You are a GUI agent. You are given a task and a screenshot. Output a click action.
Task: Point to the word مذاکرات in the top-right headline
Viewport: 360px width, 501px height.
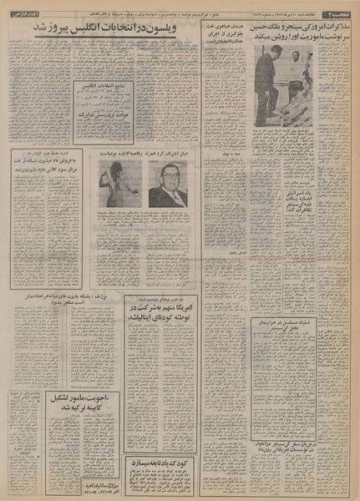tap(337, 27)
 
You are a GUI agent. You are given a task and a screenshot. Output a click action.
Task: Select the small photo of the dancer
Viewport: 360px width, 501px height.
tap(119, 184)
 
